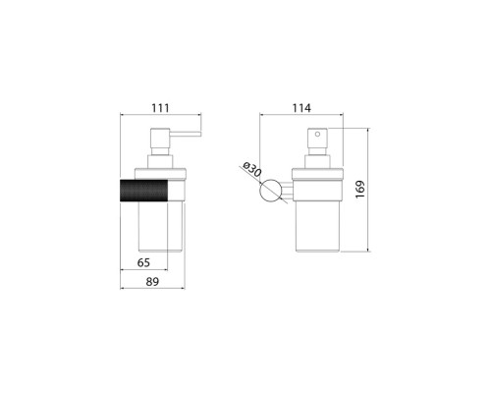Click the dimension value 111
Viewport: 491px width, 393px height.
[x=160, y=108]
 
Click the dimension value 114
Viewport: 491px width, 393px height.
[x=301, y=108]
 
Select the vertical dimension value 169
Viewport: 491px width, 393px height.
[x=359, y=189]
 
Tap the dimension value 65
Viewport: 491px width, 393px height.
[x=143, y=262]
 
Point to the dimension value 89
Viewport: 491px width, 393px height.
[x=152, y=281]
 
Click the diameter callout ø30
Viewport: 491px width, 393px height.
[x=252, y=169]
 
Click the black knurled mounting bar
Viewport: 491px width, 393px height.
[x=144, y=191]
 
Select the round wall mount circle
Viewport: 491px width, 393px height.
[x=270, y=191]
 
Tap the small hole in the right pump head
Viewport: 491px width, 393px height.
[x=317, y=134]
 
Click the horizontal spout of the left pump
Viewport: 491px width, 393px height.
[x=185, y=134]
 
